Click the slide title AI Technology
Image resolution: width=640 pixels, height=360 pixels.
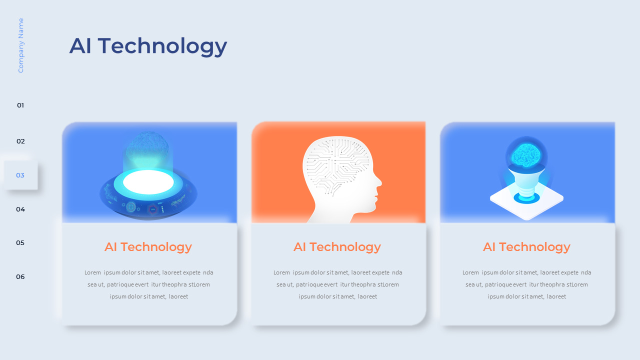(x=148, y=46)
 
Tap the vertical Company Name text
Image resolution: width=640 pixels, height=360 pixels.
(x=21, y=45)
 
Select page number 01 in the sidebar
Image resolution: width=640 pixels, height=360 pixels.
(x=20, y=105)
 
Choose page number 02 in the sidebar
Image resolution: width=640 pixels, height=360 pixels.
(x=20, y=141)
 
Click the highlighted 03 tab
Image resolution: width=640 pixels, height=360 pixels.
(x=20, y=175)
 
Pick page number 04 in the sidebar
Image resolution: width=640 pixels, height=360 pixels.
(x=20, y=209)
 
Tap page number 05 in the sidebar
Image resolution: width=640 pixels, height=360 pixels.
(x=20, y=243)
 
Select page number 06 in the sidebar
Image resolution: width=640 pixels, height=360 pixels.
(x=20, y=277)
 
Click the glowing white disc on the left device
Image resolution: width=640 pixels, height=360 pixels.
(x=148, y=182)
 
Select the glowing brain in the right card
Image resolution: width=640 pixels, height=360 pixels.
(x=526, y=154)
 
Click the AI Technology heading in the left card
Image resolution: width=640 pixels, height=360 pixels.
(x=148, y=247)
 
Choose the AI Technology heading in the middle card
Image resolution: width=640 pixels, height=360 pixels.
(x=337, y=247)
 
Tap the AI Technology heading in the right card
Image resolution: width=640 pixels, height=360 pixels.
(x=526, y=247)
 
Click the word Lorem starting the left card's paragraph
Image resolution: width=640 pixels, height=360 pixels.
(x=93, y=273)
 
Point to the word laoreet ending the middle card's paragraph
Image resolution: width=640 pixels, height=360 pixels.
(x=367, y=297)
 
